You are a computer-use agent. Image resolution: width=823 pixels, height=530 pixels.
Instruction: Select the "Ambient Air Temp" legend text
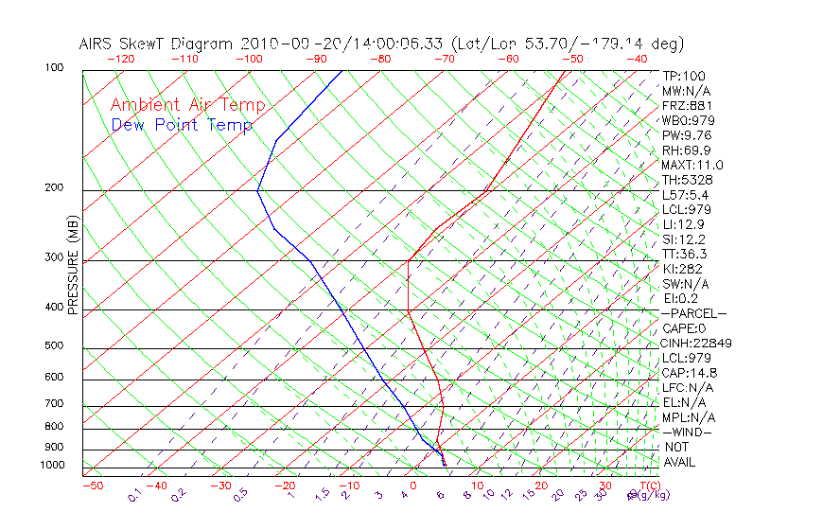[187, 105]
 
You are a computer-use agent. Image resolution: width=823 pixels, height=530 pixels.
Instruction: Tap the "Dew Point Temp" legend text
[182, 125]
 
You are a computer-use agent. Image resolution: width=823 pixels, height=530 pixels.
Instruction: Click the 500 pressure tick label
[53, 345]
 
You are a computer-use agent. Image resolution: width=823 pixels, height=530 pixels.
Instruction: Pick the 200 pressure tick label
[53, 187]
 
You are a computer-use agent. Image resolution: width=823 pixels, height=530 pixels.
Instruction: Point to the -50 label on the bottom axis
[92, 486]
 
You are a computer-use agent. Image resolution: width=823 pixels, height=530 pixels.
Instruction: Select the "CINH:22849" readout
[696, 343]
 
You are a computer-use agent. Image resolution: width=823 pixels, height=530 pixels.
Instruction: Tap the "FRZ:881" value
[685, 106]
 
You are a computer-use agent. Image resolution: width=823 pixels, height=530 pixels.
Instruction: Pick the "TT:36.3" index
[685, 254]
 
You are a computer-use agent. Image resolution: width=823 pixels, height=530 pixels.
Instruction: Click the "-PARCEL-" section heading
[693, 313]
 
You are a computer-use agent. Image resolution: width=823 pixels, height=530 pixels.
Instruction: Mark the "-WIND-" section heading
[688, 432]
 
